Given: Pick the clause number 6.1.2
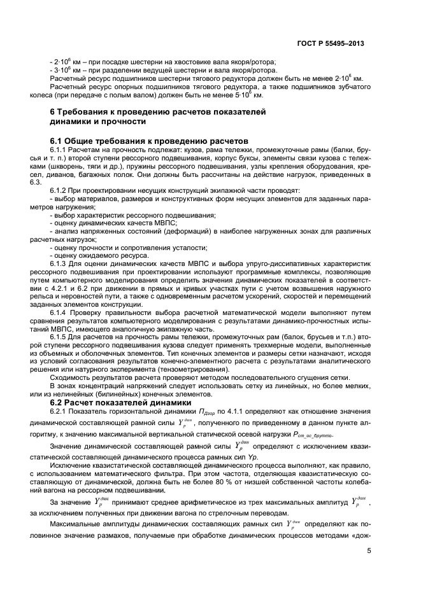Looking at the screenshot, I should pyautogui.click(x=61, y=190).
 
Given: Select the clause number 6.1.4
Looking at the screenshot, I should pyautogui.click(x=61, y=312).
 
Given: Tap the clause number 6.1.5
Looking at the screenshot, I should pyautogui.click(x=61, y=337).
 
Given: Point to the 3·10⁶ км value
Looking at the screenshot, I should pyautogui.click(x=65, y=70).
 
